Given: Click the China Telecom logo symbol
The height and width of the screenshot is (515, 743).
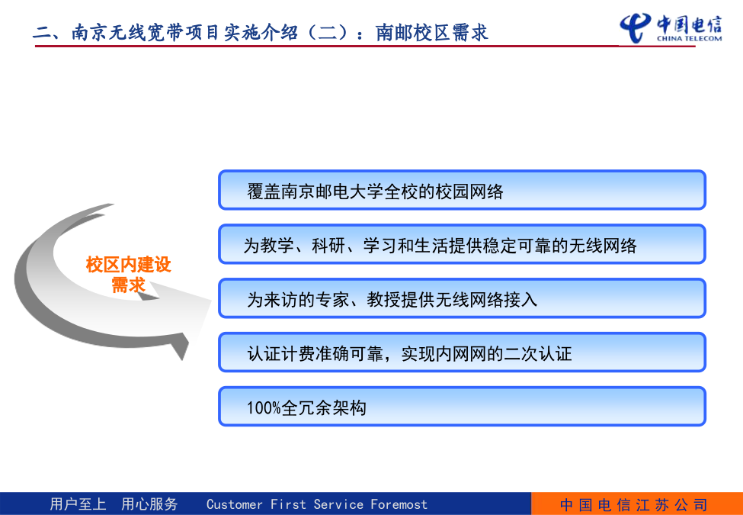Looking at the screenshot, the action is [636, 28].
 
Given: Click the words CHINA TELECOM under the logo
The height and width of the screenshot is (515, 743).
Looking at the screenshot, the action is [689, 38].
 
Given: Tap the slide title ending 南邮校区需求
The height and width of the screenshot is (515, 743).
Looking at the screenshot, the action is [260, 32].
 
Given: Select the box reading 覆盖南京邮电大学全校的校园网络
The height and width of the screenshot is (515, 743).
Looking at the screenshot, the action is [462, 190].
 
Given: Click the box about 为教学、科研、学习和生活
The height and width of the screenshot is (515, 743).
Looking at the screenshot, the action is [462, 243].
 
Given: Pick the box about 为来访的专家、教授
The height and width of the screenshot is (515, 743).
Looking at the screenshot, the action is [462, 298].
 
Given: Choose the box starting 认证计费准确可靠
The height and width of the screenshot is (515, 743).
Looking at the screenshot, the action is [462, 352].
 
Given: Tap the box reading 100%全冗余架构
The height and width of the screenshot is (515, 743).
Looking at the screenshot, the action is [462, 406].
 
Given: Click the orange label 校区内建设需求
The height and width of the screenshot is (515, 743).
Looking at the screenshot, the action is [129, 275].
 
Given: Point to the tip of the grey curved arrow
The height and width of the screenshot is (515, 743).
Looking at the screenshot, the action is [211, 300].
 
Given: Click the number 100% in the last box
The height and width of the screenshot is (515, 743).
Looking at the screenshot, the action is [264, 408].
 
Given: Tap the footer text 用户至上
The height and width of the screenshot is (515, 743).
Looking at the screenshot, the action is [78, 504].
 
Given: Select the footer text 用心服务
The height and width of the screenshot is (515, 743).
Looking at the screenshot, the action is [149, 504].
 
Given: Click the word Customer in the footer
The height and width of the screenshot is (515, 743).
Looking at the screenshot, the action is [235, 504].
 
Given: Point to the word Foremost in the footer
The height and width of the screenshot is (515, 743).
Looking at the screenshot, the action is [399, 504].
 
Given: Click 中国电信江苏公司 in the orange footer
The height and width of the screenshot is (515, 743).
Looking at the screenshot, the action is [634, 504].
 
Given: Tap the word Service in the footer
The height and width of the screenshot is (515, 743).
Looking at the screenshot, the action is [338, 504].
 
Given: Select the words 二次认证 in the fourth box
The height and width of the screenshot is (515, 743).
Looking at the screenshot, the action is [538, 354].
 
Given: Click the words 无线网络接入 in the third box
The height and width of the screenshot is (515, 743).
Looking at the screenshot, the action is [487, 300].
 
